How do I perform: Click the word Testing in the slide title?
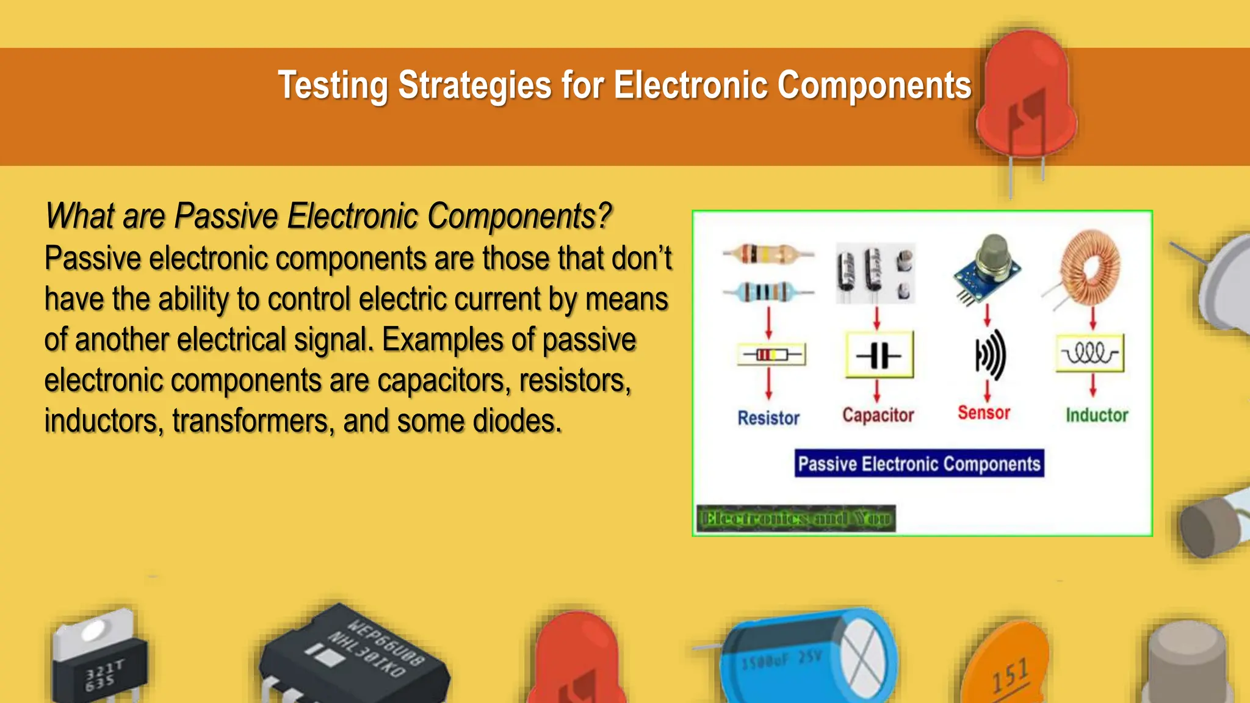[332, 85]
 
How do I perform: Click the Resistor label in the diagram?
[768, 418]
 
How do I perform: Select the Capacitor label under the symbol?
[878, 415]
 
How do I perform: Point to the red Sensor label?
[984, 413]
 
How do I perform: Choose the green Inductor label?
[1097, 415]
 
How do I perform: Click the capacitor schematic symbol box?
[879, 355]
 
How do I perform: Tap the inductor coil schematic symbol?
[1090, 353]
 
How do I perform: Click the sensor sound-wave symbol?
[989, 355]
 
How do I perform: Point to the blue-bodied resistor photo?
[767, 292]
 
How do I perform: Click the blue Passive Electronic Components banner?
[919, 464]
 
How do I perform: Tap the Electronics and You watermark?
[796, 519]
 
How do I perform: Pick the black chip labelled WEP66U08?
[354, 656]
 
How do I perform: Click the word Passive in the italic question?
[226, 216]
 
